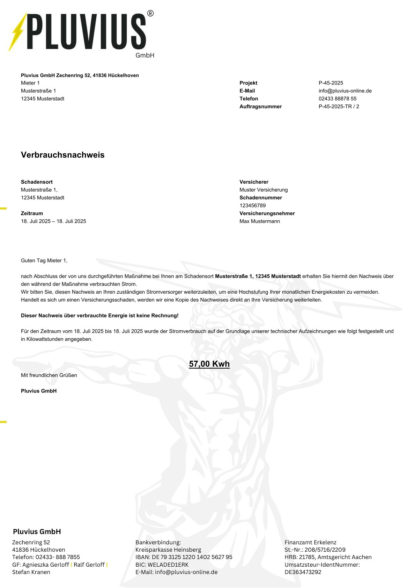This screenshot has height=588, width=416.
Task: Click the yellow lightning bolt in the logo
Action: pos(18,32)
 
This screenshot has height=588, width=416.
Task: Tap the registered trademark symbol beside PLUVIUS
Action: pos(150,14)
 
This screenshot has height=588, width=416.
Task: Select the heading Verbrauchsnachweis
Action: pos(63,155)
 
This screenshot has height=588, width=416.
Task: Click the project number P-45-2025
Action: pos(330,83)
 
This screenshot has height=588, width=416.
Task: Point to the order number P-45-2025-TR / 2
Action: pos(339,106)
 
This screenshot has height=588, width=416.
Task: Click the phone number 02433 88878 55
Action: pos(337,99)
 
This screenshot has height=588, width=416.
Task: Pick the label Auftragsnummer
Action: pos(260,106)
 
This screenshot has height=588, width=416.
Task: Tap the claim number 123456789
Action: pos(252,206)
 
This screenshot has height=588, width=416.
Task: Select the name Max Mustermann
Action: pos(259,221)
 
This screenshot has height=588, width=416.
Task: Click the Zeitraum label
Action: pos(32,213)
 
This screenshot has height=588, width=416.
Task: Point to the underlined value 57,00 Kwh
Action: pos(209,364)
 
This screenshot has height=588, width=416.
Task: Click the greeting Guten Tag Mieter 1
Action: pos(44,260)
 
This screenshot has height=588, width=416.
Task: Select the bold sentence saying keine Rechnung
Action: pos(99,316)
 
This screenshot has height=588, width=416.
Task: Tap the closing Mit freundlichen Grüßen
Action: pos(49,375)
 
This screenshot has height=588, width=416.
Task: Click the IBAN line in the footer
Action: pos(184,557)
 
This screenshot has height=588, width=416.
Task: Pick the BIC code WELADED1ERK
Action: pos(162,565)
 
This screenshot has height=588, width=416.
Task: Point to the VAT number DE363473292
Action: pos(303,572)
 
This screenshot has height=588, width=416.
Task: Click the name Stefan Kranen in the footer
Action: pos(31,572)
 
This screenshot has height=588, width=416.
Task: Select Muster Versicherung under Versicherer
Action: pos(263,190)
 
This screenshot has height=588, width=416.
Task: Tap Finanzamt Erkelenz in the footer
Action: pos(310,543)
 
